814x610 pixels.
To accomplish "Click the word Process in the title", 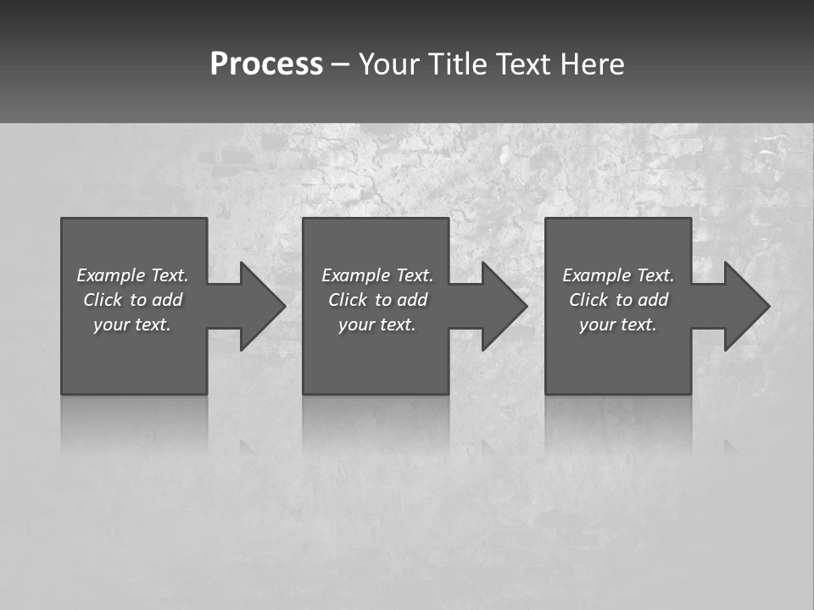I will (266, 64).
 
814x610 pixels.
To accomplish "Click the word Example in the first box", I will (110, 275).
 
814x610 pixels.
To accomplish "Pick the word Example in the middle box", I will (355, 275).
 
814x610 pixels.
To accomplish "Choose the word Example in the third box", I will (596, 275).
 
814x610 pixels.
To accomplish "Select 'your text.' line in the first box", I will (133, 324).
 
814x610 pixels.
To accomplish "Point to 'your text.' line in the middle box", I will (377, 324).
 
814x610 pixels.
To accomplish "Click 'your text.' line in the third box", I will (618, 324).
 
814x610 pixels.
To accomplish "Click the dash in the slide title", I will (341, 64).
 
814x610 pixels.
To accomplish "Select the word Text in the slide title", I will (524, 64).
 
